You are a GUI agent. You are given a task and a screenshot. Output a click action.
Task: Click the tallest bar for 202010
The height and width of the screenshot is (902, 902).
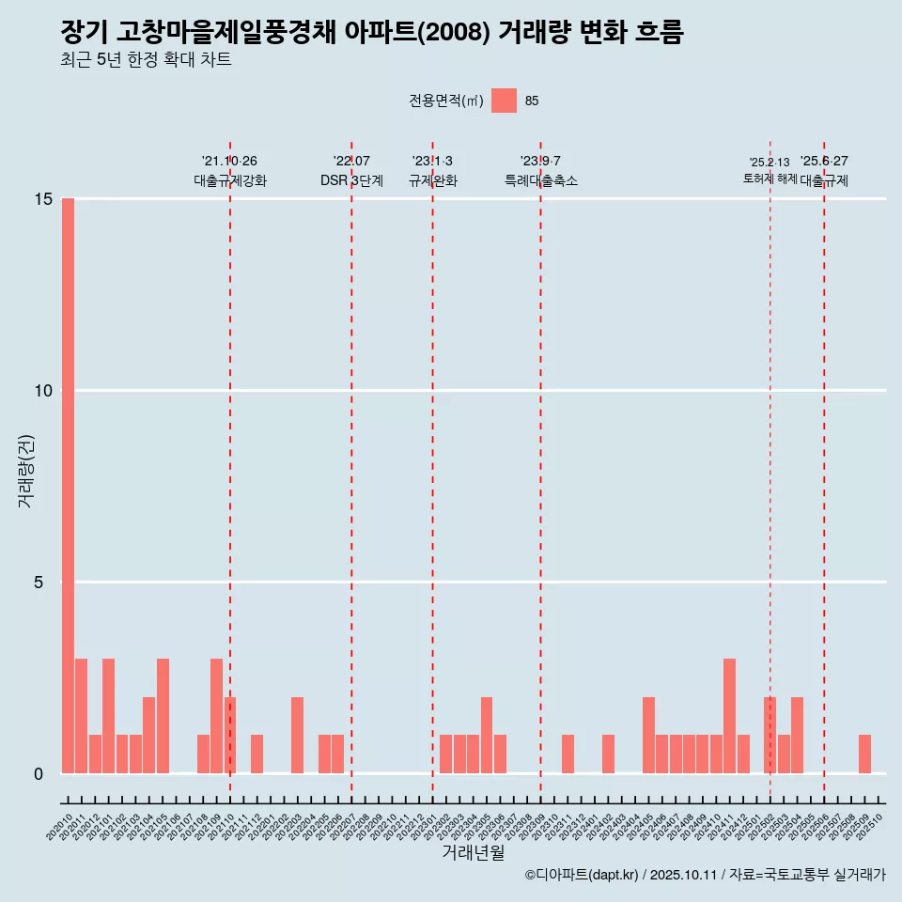pos(68,486)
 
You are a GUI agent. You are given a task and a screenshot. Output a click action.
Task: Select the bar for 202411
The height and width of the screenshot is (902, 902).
pos(729,716)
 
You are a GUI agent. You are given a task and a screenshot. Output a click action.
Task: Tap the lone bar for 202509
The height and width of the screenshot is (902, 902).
pos(864,754)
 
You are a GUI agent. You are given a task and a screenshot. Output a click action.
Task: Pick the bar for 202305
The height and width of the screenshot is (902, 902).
pos(487,736)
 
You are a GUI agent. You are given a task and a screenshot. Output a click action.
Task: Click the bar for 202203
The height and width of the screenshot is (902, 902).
pos(297,736)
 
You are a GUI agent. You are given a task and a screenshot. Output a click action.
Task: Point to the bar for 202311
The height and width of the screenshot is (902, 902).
pos(568,754)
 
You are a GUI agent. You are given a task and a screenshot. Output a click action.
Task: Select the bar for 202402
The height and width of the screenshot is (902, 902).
pos(608,754)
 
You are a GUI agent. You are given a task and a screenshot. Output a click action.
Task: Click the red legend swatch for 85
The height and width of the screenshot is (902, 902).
pos(504,101)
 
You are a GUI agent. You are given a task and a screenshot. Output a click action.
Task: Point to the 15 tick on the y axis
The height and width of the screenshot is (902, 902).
pos(42,199)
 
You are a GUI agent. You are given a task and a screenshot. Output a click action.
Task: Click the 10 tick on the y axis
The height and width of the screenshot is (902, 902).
pos(42,391)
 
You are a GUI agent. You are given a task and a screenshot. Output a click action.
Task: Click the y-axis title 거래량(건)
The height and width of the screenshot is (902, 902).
pos(25,471)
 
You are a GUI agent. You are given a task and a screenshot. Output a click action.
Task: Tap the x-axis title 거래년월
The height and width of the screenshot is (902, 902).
pos(473,853)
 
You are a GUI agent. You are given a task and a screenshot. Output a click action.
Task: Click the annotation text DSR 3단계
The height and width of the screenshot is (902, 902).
pos(351,180)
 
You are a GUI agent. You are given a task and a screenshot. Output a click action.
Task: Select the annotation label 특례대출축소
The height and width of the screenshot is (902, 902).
pos(540,180)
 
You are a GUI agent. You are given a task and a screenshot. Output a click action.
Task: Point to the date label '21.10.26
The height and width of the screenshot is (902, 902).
pos(229,162)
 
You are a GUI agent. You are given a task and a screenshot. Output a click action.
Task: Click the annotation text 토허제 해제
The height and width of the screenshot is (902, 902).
pos(770,179)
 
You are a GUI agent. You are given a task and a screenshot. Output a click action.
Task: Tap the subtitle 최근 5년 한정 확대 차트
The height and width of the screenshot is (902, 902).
pos(146,60)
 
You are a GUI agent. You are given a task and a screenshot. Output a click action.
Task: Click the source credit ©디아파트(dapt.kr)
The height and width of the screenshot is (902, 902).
pos(582,875)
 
